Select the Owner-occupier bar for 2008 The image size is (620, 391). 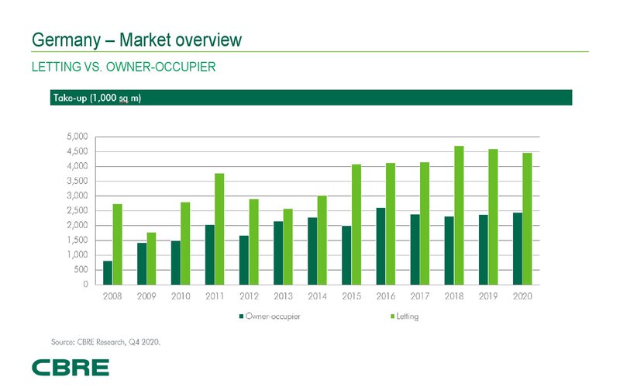pos(107,272)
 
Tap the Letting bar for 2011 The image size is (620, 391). pos(219,229)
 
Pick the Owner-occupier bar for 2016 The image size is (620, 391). pos(380,246)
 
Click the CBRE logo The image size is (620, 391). pos(70,367)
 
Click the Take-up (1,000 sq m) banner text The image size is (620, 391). pos(97,98)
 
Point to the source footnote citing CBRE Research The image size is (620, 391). pos(106,341)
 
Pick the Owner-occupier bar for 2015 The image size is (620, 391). pos(346,255)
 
